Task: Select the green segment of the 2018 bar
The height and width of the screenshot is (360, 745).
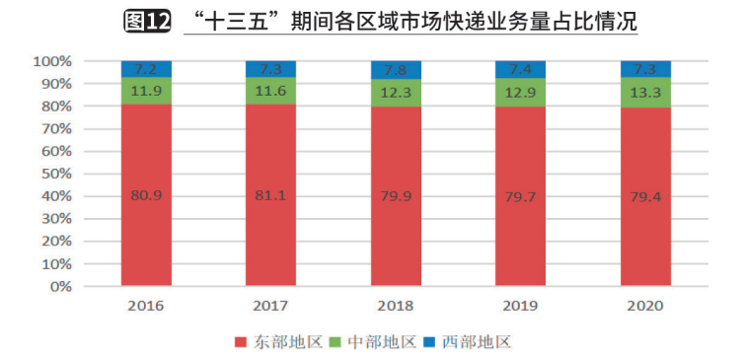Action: (396, 92)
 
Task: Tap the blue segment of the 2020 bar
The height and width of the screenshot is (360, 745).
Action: (645, 68)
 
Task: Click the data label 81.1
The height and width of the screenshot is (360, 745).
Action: (270, 195)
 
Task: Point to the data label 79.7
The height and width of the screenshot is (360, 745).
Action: (520, 195)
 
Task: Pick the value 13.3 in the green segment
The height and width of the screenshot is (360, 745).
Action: (645, 92)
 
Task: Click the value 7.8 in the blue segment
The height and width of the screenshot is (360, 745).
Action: (396, 69)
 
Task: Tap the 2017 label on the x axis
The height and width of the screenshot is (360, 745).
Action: (270, 305)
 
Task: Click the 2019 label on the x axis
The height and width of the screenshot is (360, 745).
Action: (520, 305)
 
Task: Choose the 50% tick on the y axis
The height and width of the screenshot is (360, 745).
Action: (56, 174)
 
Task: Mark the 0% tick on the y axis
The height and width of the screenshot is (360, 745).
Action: (60, 287)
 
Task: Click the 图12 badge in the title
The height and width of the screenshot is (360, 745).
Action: (148, 21)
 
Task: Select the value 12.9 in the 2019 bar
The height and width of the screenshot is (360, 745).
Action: (520, 92)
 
